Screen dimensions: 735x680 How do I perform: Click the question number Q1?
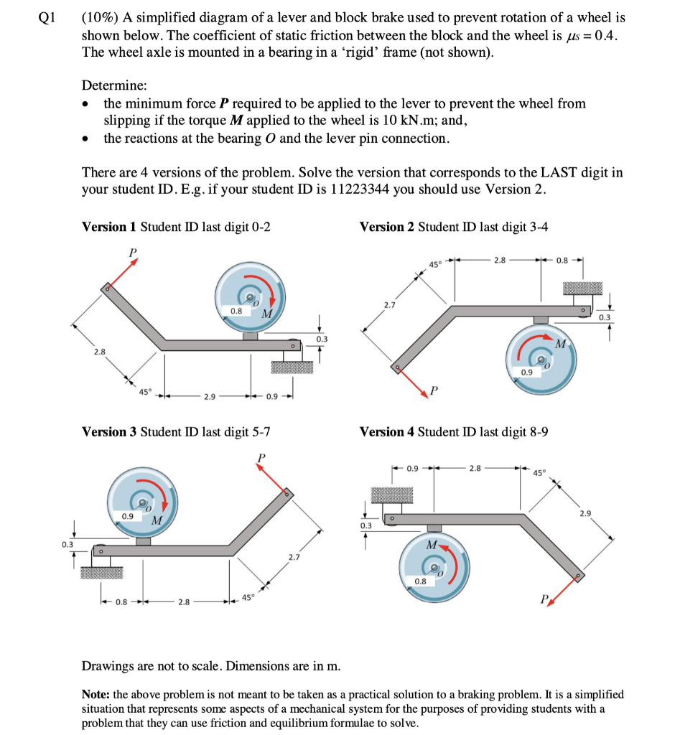tap(47, 18)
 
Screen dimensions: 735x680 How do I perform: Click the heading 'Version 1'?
tap(109, 227)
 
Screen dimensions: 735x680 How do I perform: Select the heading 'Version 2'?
tap(386, 227)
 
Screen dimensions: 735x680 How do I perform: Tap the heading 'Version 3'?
tap(109, 432)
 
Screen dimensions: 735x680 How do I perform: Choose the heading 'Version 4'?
tap(386, 432)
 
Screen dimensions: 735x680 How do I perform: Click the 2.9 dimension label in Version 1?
tap(208, 396)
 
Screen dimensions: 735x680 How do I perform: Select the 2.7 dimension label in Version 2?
tap(389, 306)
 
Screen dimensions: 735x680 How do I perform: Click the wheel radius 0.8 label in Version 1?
tap(236, 311)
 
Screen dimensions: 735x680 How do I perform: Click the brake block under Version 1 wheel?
tap(251, 336)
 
